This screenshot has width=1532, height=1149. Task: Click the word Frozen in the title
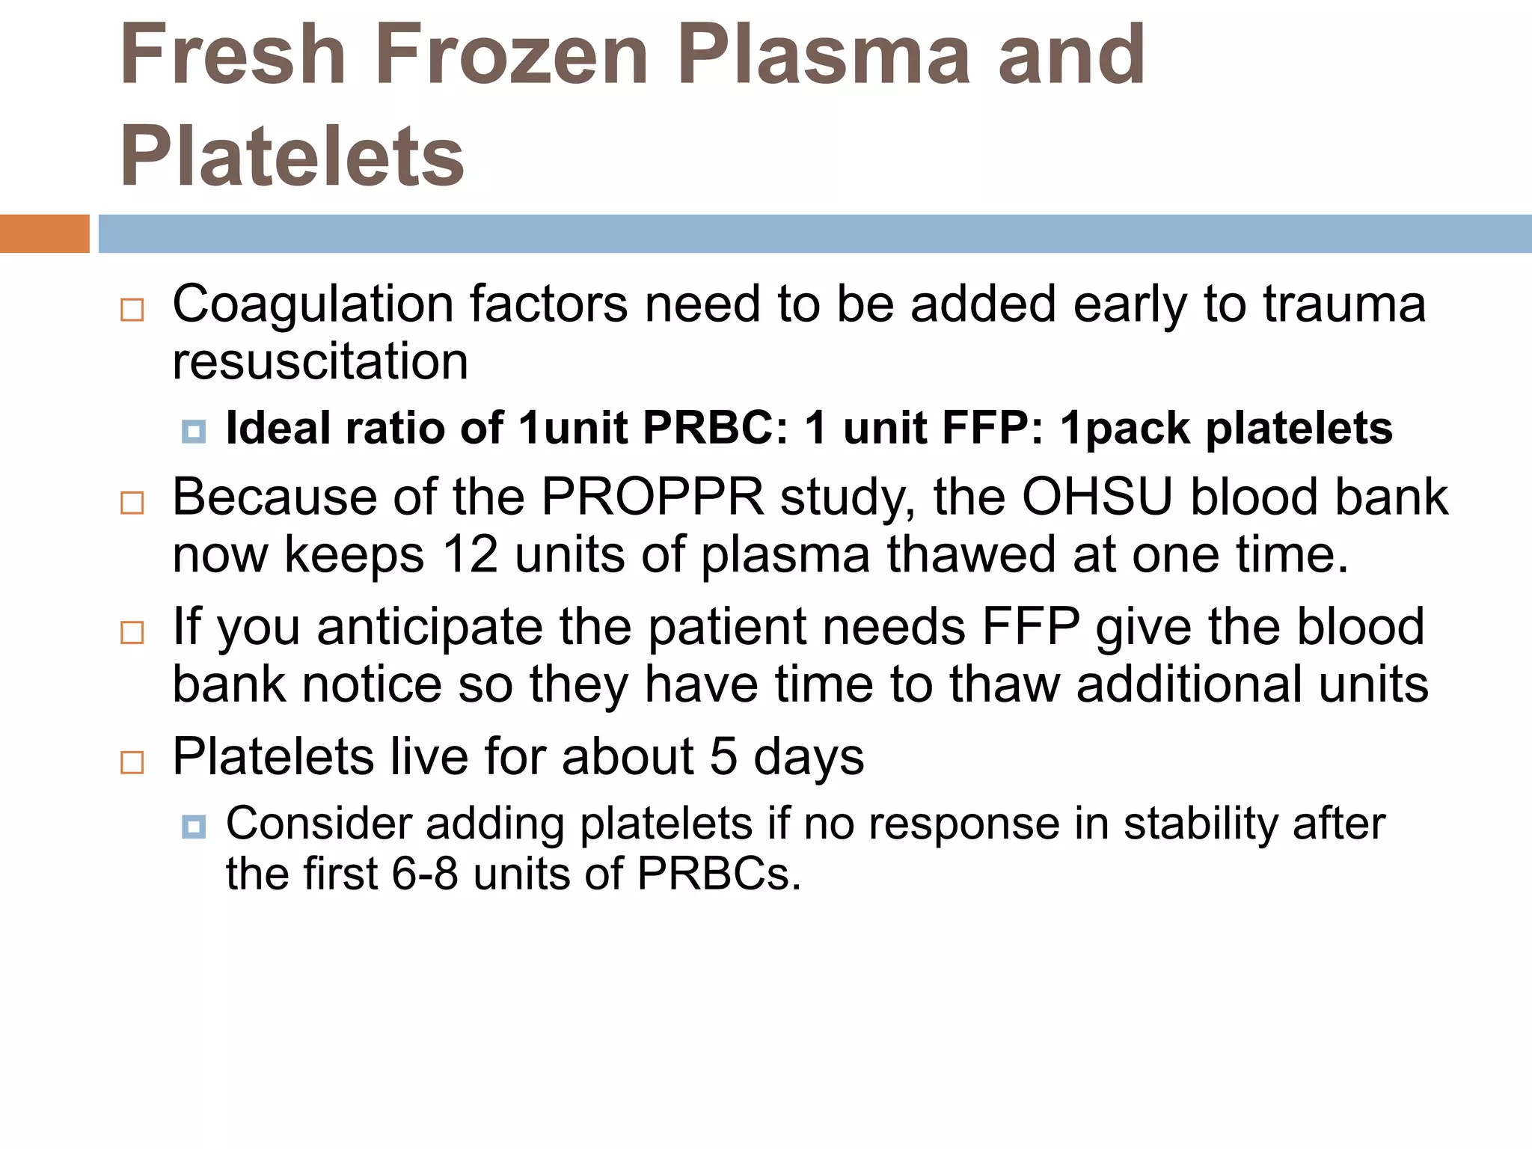tap(511, 55)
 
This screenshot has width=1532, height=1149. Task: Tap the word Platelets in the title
tap(292, 156)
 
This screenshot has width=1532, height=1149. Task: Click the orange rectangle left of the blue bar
tap(44, 233)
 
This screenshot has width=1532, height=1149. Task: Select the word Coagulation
tap(313, 305)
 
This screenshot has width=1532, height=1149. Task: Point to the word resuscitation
tap(320, 362)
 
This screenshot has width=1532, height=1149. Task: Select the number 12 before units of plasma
tap(470, 555)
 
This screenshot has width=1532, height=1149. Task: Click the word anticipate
tap(429, 627)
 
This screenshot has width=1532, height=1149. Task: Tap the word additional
tap(1189, 684)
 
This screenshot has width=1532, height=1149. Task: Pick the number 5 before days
tap(723, 757)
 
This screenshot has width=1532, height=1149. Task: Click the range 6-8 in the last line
tap(425, 874)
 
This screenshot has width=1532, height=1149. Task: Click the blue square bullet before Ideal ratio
tap(194, 432)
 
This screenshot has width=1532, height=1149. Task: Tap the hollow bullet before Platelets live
tap(132, 762)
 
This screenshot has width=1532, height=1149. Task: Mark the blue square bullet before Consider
tap(194, 827)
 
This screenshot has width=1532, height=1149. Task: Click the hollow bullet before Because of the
tap(132, 503)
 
